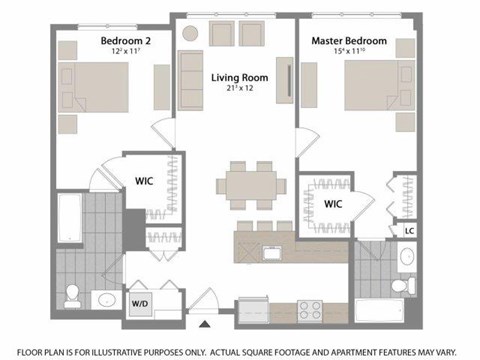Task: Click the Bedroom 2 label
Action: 124,41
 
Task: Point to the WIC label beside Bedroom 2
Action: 143,182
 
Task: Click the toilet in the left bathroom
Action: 72,293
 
